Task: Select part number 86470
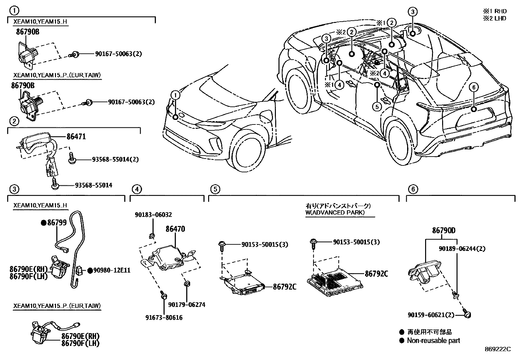tap(175, 229)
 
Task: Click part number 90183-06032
tap(153, 215)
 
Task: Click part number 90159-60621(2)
tap(431, 315)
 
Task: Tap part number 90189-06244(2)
tap(462, 249)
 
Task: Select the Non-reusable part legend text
tap(433, 341)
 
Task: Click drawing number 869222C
tap(497, 349)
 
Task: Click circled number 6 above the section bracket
tap(413, 189)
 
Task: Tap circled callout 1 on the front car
tap(176, 95)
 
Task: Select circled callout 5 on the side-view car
tap(377, 106)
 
